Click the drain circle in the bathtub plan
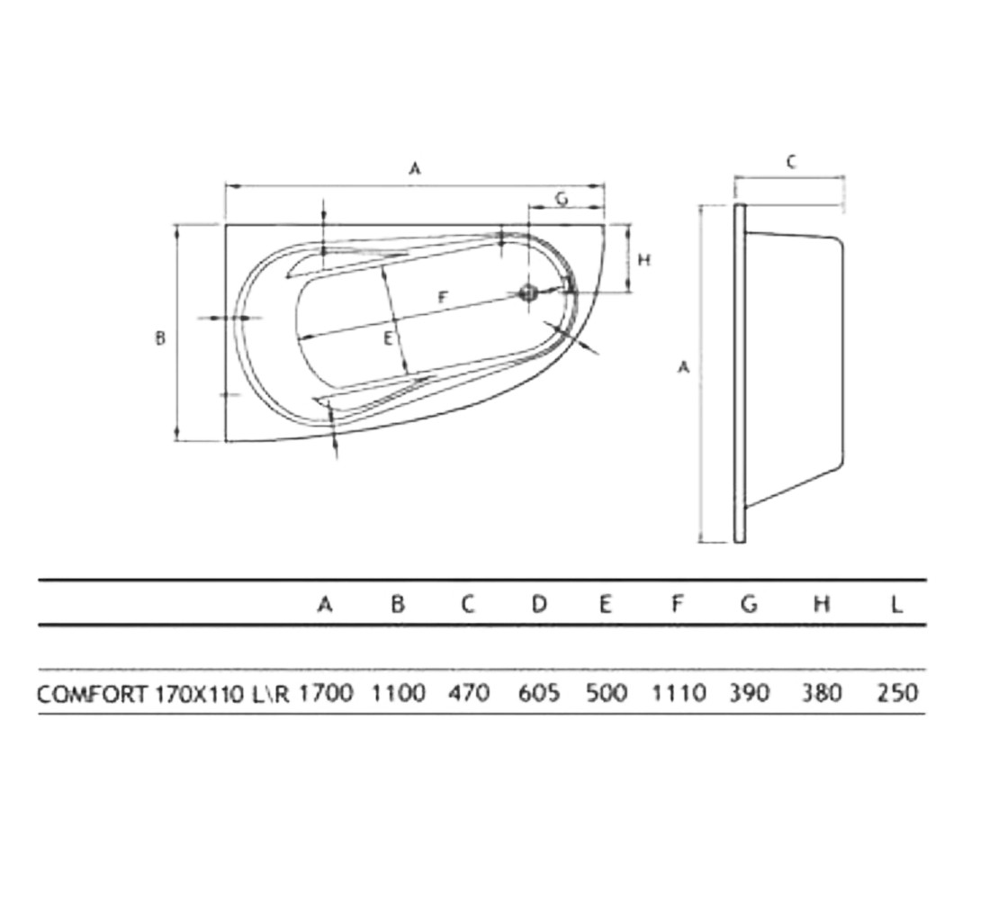pos(527,292)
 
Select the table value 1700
pos(326,694)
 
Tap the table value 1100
pos(398,694)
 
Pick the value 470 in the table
pos(469,694)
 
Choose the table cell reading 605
pos(539,694)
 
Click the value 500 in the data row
pos(607,694)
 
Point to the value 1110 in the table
pos(679,694)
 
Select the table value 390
pos(750,694)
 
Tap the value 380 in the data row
pos(822,694)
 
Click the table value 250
pos(897,694)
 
